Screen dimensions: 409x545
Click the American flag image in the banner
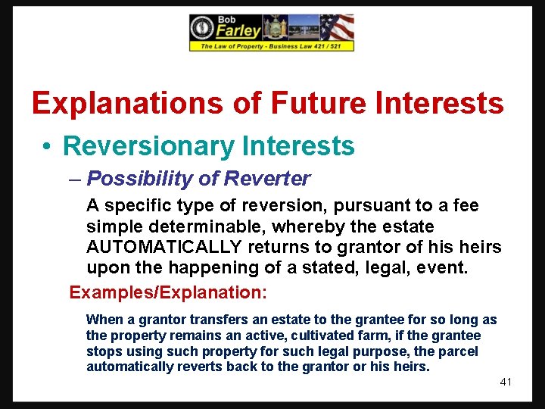pyautogui.click(x=335, y=28)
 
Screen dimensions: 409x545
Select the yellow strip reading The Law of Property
pyautogui.click(x=271, y=46)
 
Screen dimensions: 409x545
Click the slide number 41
pyautogui.click(x=506, y=382)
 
